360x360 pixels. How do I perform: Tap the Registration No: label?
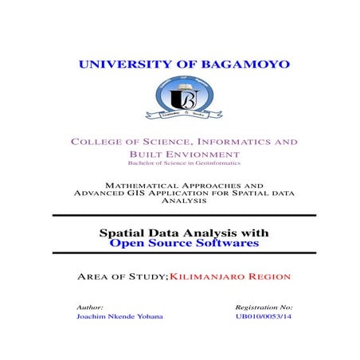click(x=264, y=306)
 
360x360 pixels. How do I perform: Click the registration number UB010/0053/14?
click(x=264, y=316)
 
